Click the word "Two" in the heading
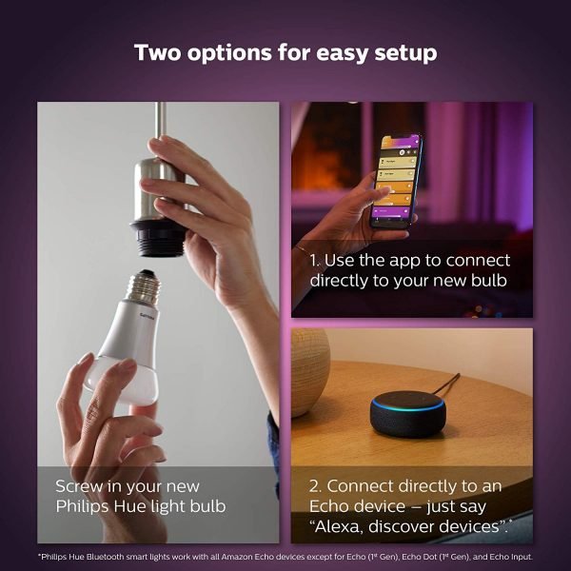[157, 52]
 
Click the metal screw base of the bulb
[143, 286]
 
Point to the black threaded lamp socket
[158, 238]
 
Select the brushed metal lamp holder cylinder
[157, 190]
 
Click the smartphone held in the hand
[396, 181]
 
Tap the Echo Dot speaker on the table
[408, 414]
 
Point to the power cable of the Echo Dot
[447, 384]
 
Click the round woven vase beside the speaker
[310, 372]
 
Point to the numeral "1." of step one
[315, 261]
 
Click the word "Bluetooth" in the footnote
[106, 557]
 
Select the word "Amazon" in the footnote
[237, 557]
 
